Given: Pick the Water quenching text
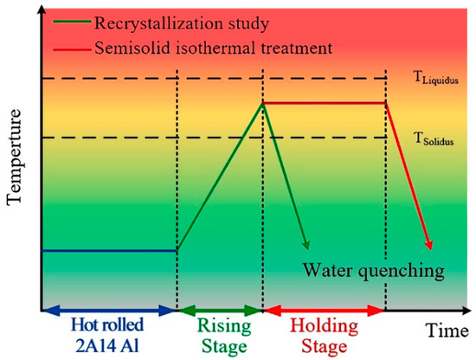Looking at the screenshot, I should tap(373, 270).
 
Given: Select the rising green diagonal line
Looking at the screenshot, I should tap(220, 177).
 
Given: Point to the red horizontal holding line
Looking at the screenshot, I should tap(324, 102).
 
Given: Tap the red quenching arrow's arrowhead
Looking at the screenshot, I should tap(429, 247).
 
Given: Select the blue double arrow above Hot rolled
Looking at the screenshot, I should tap(108, 309).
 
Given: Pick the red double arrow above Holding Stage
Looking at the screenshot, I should tap(324, 309).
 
